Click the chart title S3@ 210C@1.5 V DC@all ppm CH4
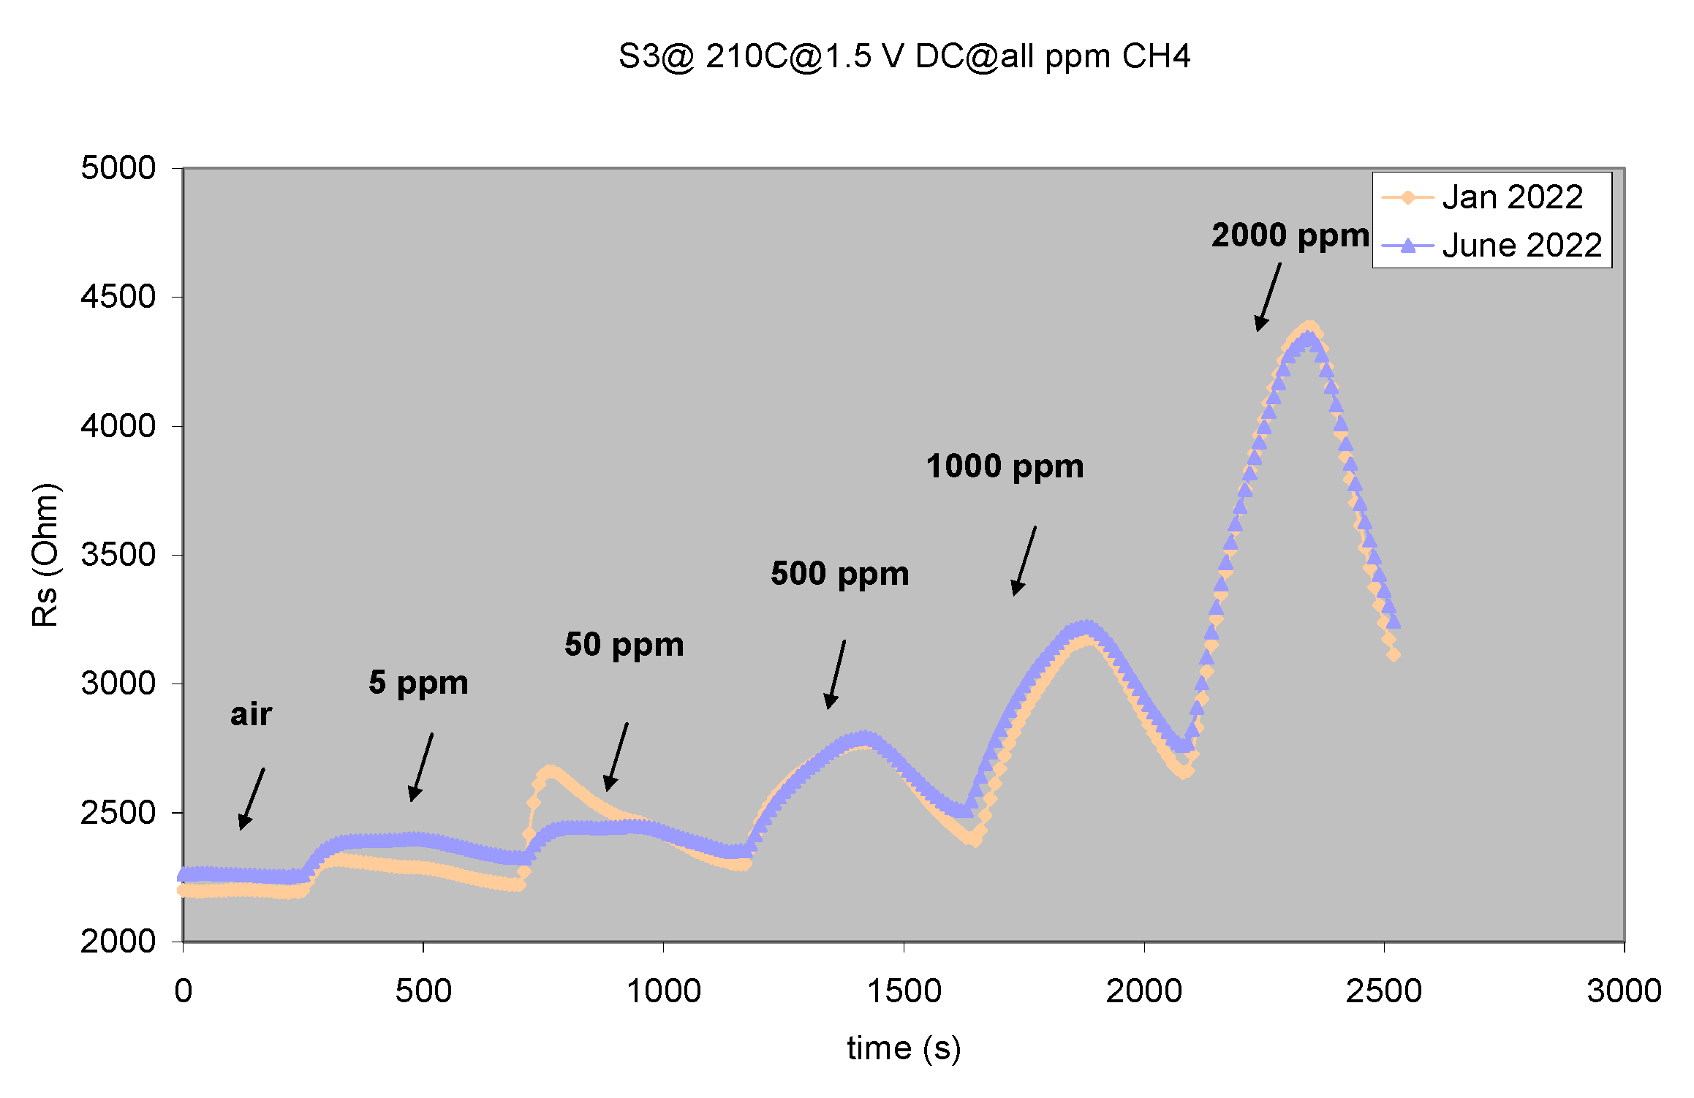point(904,56)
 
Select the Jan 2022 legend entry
point(1512,197)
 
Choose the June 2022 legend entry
point(1521,245)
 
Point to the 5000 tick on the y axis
point(118,168)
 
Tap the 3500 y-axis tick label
point(118,555)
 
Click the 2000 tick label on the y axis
point(118,942)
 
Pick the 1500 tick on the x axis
point(904,991)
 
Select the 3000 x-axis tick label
point(1624,991)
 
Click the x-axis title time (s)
point(904,1048)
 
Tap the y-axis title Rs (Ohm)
point(45,555)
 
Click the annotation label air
point(251,714)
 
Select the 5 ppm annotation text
point(418,683)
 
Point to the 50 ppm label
point(624,645)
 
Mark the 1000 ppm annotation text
point(1005,466)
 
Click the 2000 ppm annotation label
point(1290,235)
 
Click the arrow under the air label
point(252,799)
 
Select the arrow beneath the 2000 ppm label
point(1268,297)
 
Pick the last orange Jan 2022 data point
point(1394,654)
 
